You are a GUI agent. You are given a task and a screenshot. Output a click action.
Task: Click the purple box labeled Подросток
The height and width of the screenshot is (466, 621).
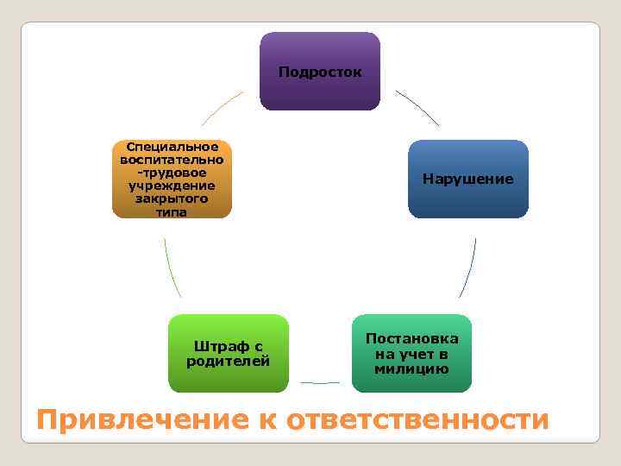(320, 72)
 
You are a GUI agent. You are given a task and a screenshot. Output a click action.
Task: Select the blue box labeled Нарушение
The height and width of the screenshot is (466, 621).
(467, 179)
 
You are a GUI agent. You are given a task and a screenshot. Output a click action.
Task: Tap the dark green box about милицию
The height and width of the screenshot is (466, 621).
(411, 353)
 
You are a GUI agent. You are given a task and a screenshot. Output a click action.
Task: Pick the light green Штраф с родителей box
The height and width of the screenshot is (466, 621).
(229, 353)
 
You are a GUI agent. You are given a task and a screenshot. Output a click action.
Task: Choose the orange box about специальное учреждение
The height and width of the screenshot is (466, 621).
(172, 179)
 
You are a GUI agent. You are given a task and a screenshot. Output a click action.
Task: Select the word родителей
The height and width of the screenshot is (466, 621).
(229, 361)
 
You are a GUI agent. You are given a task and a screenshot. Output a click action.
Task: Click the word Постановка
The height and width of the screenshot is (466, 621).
(411, 339)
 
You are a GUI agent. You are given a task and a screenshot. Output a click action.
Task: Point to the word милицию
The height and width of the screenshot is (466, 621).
(411, 368)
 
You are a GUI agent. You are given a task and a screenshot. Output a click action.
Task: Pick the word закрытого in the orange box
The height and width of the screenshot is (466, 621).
(172, 198)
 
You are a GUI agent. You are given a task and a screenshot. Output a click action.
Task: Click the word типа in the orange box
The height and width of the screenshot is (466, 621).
(172, 211)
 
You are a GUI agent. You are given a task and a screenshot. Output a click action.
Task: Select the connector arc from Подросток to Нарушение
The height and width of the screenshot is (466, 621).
(417, 107)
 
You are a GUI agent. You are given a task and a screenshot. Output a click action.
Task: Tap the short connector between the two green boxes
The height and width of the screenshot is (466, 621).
(320, 382)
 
